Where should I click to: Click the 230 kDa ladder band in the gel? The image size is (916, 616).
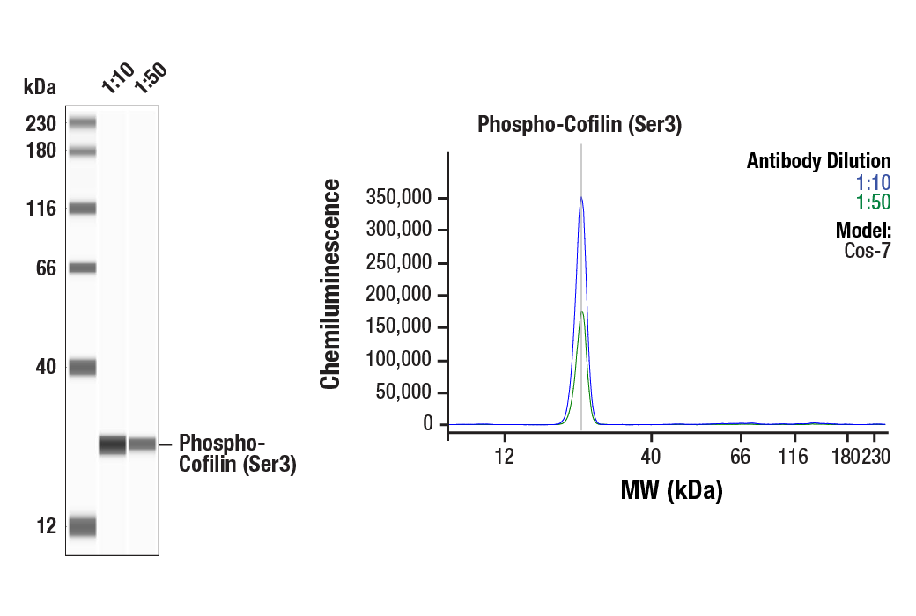(x=82, y=122)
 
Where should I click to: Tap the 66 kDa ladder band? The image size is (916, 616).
(x=82, y=268)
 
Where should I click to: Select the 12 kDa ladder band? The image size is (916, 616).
(x=82, y=526)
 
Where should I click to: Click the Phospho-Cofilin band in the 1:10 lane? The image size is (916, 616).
(x=113, y=445)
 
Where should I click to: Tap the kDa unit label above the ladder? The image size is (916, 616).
(x=40, y=86)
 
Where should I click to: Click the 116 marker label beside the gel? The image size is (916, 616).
(x=41, y=209)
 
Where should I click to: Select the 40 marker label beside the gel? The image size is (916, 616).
(x=46, y=367)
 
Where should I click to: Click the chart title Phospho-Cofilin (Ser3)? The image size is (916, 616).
(x=580, y=125)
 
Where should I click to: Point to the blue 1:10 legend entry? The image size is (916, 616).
(x=873, y=183)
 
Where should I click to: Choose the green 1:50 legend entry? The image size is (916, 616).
(x=873, y=202)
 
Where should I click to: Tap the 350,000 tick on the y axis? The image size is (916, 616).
(x=401, y=198)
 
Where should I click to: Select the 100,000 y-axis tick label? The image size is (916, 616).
(x=401, y=360)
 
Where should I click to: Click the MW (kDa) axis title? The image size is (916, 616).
(x=671, y=490)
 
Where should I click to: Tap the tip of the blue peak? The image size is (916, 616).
(x=581, y=198)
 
